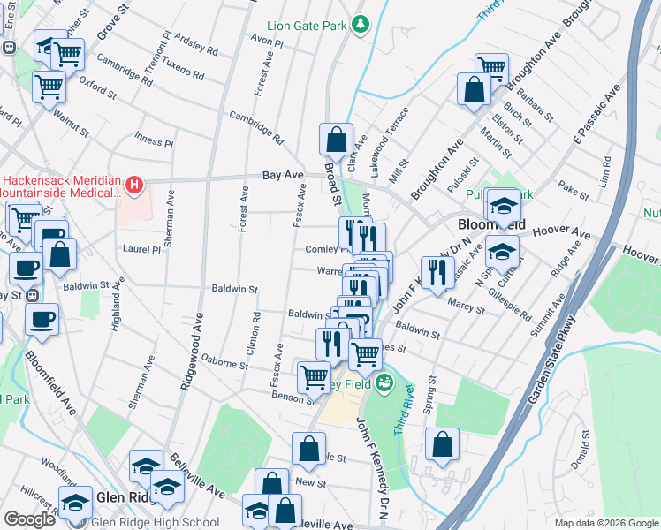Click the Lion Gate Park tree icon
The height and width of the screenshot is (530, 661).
(360, 25)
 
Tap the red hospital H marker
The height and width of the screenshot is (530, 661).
(133, 185)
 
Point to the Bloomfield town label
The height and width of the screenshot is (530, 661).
(490, 224)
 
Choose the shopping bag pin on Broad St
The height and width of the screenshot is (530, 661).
(336, 140)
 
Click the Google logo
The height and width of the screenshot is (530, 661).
(28, 520)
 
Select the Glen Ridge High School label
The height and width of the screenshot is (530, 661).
(156, 521)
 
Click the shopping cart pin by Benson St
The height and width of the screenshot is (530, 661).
(314, 377)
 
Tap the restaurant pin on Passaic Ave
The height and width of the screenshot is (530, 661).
(437, 273)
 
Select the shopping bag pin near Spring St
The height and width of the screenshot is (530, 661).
(442, 446)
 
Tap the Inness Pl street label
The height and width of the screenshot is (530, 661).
(153, 140)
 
